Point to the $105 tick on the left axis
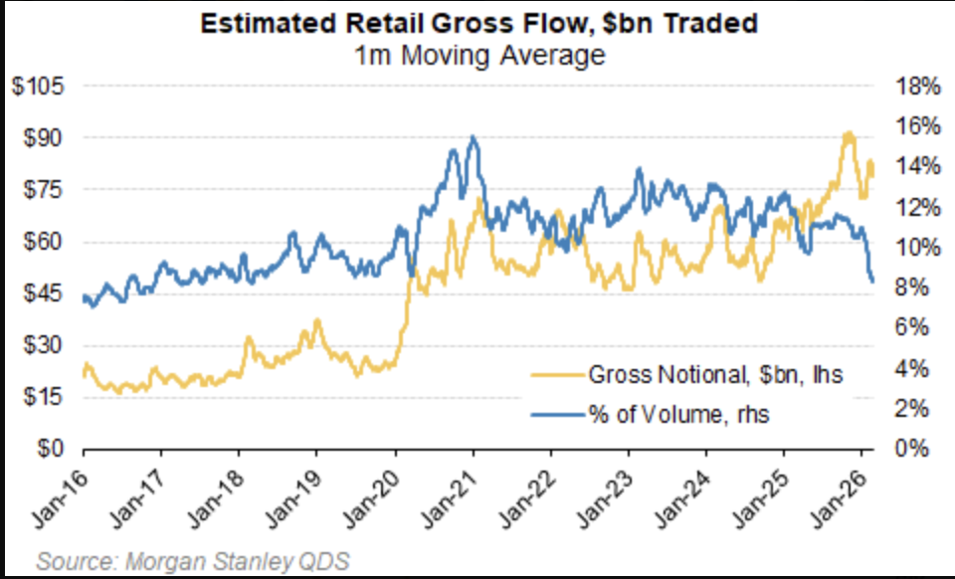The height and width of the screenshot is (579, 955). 38,87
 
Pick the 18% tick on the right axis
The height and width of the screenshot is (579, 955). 918,87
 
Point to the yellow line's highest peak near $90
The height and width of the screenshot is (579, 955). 849,133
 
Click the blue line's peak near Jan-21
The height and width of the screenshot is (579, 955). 473,138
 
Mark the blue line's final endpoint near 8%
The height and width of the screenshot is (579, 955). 872,282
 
